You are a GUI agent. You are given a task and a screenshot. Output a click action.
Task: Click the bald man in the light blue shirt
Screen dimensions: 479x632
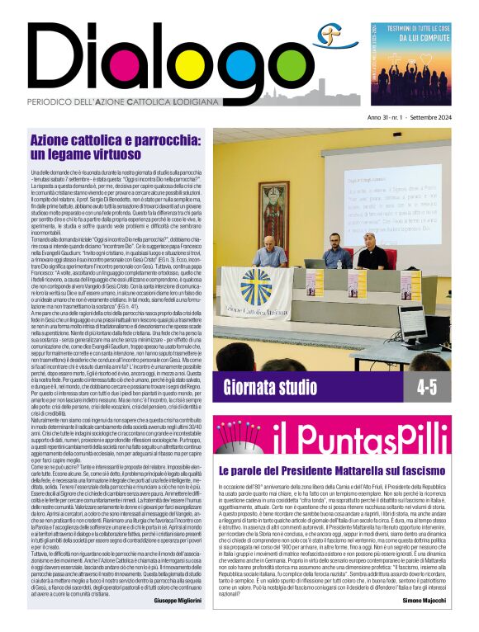pyautogui.click(x=271, y=252)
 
